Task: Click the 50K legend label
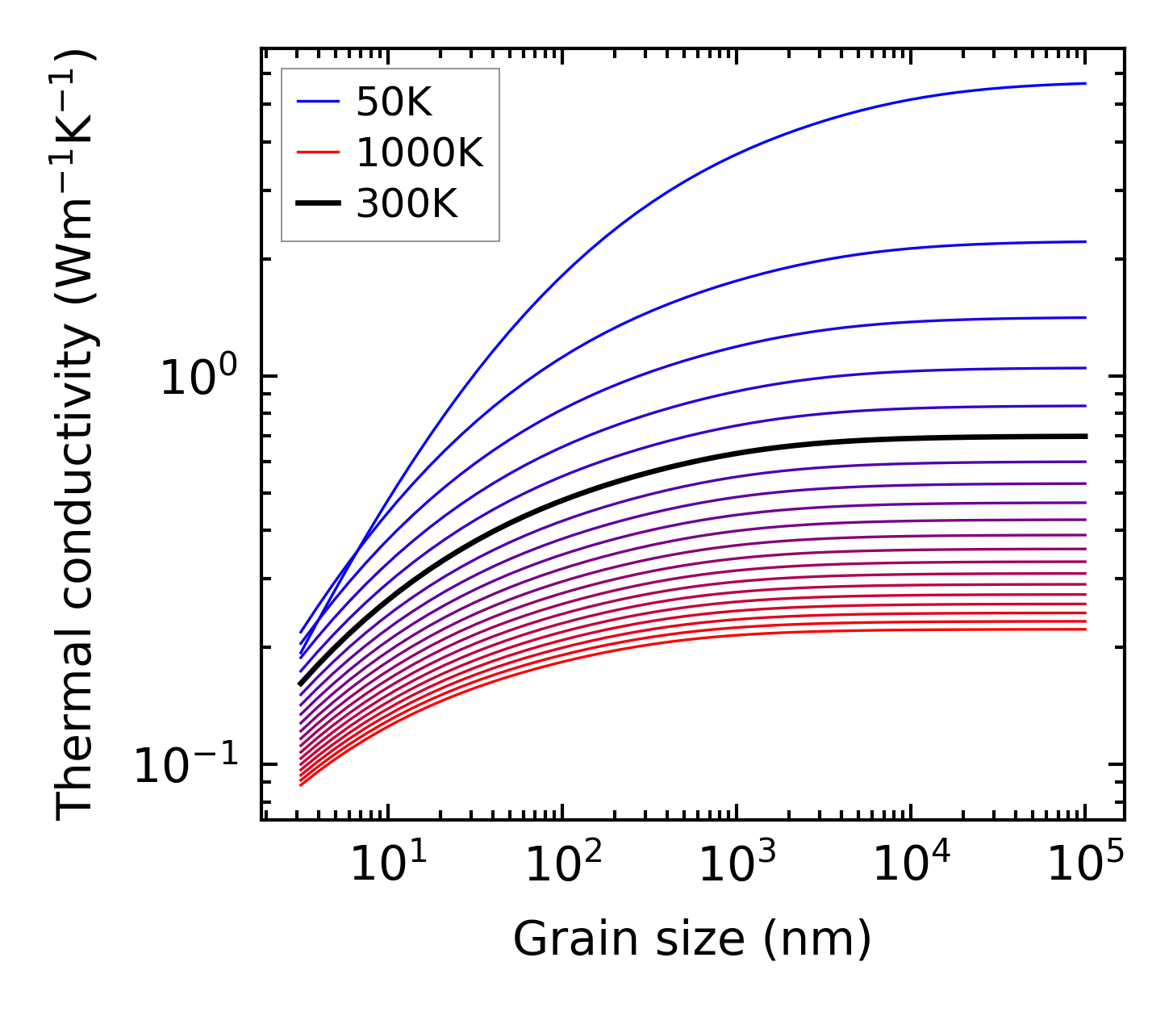(394, 102)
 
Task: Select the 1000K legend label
(420, 153)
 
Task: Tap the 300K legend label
(407, 205)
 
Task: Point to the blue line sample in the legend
(319, 102)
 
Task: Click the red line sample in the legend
(319, 153)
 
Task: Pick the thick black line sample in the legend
(319, 204)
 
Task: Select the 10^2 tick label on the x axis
(561, 864)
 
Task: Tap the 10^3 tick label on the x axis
(736, 864)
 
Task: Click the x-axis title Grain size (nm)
(692, 940)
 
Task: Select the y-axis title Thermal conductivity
(76, 436)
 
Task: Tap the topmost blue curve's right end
(1084, 83)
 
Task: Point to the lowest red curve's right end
(1084, 629)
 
